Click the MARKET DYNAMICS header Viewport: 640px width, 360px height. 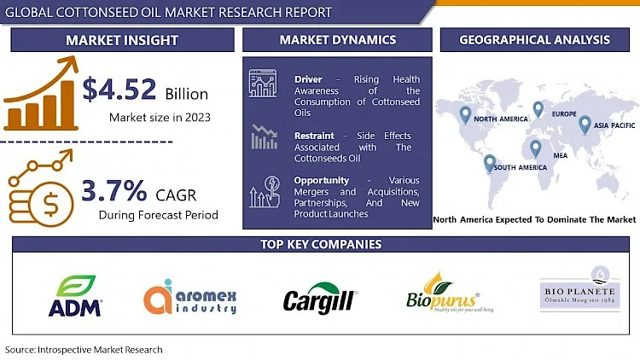click(x=337, y=40)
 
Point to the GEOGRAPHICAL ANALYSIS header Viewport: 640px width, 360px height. click(x=534, y=40)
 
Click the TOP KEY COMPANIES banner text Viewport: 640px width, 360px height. click(x=320, y=245)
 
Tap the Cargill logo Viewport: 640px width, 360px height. click(x=320, y=299)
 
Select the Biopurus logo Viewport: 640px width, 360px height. click(x=441, y=295)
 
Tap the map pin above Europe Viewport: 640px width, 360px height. click(x=538, y=108)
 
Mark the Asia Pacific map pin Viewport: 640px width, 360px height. click(x=585, y=125)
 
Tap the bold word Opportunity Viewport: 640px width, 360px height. click(x=321, y=181)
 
